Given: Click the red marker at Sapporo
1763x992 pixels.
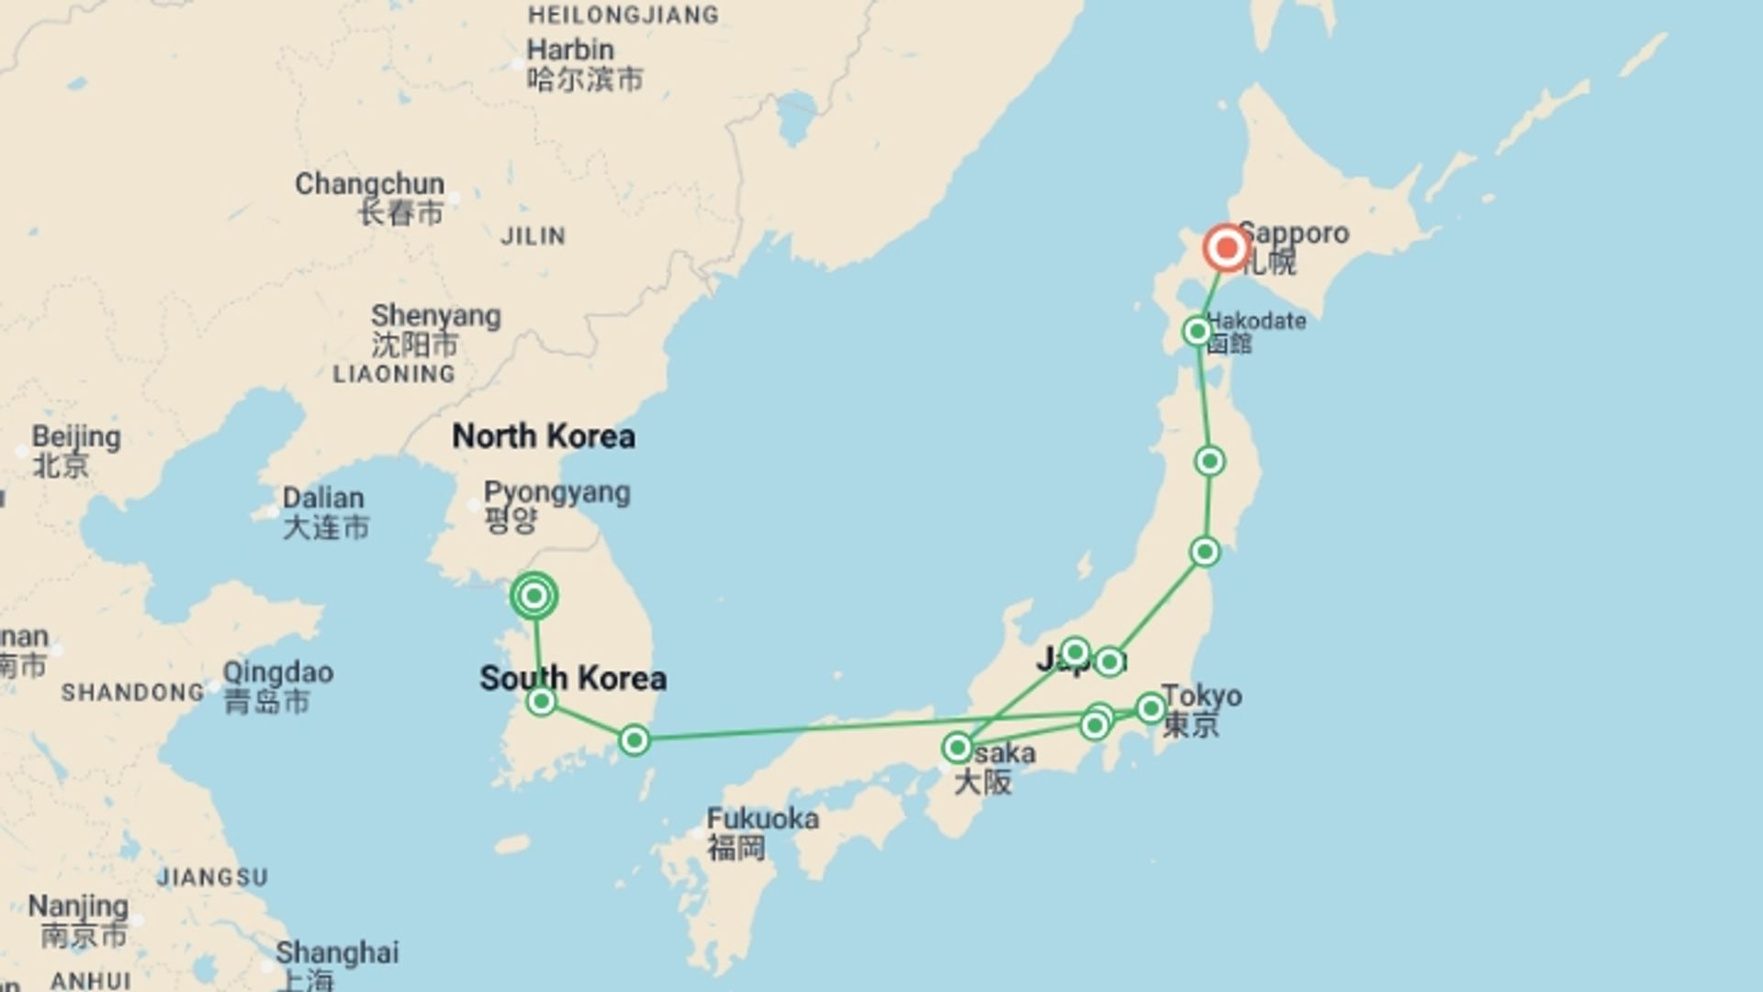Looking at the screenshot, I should pos(1227,248).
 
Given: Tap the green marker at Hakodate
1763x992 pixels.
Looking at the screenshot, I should pos(1197,331).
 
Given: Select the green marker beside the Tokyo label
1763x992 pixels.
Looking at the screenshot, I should pos(1151,708).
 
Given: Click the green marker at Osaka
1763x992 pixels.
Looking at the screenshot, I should pos(958,748).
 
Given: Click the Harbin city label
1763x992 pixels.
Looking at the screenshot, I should pos(570,51).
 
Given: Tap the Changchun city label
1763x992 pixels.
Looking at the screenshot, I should pos(369,184).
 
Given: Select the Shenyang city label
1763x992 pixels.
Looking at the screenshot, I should pos(435,316).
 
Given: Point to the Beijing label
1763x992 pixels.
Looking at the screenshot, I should pos(76,437).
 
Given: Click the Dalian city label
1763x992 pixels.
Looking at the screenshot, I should pos(323,499).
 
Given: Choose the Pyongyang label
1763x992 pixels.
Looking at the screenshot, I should pos(556,492).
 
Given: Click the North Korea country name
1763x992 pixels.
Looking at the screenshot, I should pos(544,436).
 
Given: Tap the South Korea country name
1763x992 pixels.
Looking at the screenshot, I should pos(573,679).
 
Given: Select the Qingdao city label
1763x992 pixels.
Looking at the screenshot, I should pos(278,672).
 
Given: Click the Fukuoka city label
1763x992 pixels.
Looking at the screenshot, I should pos(762,818).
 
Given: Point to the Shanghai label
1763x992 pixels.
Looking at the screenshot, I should pos(337,953).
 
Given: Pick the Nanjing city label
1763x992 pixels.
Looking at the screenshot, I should pos(78,907).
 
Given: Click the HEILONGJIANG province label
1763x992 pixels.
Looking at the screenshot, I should pos(623,15).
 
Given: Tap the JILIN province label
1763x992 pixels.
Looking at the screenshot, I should pos(533,236).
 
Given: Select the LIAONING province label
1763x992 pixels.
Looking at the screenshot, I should pos(394,374).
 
